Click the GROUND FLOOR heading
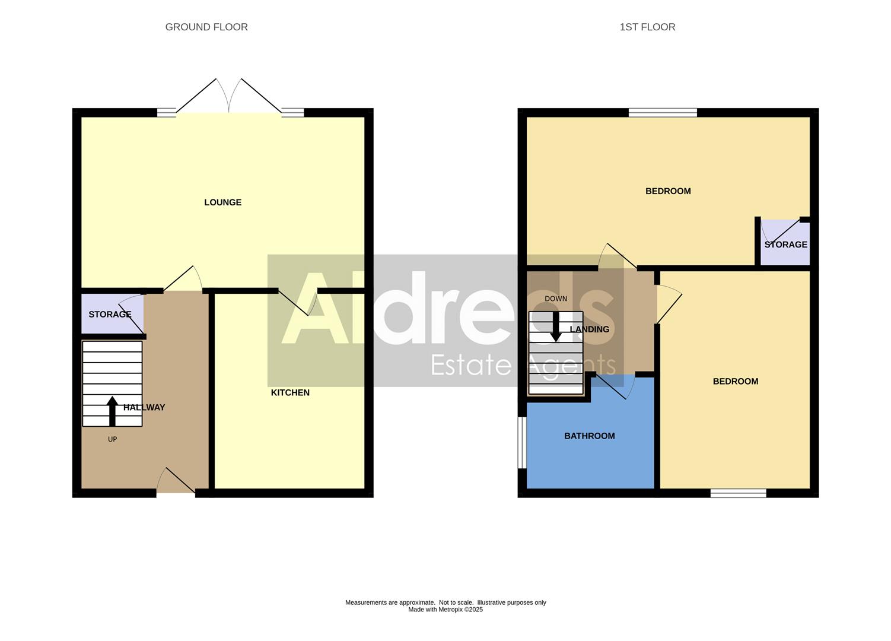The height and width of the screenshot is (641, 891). (206, 27)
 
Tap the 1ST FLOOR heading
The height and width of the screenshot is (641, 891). (647, 27)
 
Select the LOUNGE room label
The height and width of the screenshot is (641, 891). (222, 202)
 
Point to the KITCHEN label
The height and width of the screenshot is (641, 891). (290, 393)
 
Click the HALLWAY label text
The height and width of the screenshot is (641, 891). (144, 408)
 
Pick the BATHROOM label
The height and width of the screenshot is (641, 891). (589, 436)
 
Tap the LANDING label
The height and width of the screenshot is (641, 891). (589, 329)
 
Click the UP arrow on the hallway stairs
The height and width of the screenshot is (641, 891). (112, 411)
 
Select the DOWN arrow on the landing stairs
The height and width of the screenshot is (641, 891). (555, 327)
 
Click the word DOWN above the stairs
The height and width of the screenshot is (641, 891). (556, 299)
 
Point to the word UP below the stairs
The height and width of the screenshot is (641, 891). (112, 439)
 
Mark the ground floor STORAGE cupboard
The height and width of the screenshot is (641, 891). (110, 315)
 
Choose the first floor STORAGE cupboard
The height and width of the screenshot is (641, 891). (785, 245)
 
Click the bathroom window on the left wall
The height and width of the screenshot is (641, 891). (521, 443)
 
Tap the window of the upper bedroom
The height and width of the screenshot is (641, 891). (663, 113)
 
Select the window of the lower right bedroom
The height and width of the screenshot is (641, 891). (738, 493)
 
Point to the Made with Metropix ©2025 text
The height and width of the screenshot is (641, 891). (445, 610)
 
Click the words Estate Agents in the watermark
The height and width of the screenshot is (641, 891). (523, 365)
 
